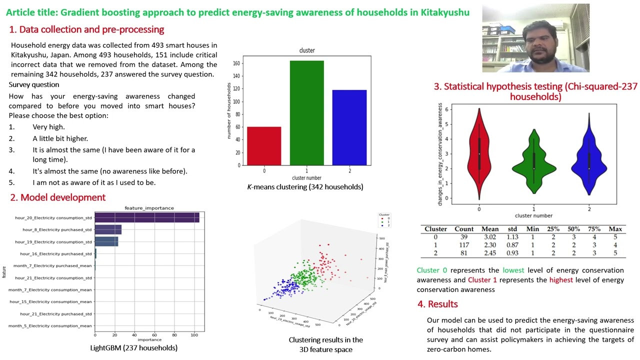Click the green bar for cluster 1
coord(306,113)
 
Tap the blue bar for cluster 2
coord(349,127)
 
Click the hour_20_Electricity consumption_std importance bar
coord(146,217)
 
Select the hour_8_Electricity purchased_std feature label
coord(57,230)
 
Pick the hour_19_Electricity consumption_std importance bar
coord(106,241)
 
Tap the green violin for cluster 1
coord(533,162)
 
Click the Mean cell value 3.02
coord(489,237)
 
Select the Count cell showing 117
coord(463,245)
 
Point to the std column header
coord(512,229)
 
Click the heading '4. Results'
coord(438,304)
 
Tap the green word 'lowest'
coord(513,270)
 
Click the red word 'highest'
coord(560,280)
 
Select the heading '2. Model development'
coord(58,197)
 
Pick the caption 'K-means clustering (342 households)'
coord(305,187)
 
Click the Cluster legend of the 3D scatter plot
coord(384,220)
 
